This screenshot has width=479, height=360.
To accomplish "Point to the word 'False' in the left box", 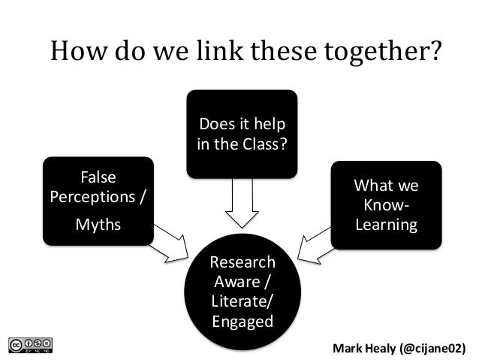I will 97,178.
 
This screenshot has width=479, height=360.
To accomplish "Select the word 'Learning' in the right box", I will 386,225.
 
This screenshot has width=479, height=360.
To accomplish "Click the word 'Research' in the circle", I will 243,263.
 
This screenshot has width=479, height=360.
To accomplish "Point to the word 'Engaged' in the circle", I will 243,322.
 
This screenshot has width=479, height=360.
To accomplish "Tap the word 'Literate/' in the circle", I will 243,302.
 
